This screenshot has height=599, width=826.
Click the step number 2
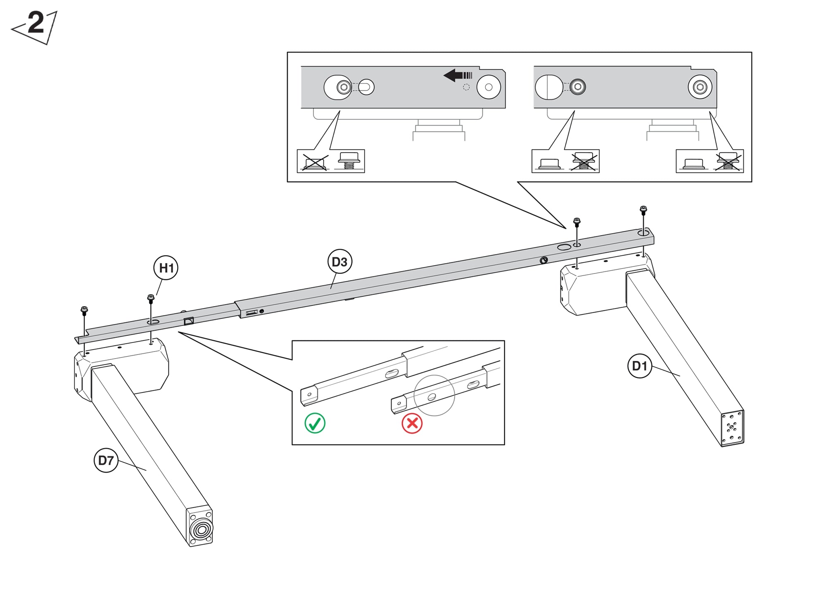click(x=36, y=23)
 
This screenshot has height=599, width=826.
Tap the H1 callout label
click(x=166, y=268)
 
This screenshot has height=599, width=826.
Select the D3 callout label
click(x=339, y=262)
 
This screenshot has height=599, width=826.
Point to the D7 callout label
click(x=106, y=460)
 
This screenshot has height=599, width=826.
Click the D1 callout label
click(x=640, y=366)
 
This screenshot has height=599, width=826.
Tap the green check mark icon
click(x=315, y=423)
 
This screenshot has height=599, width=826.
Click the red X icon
click(x=412, y=423)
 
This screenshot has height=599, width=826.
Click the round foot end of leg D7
click(x=202, y=529)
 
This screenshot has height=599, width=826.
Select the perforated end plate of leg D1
click(x=732, y=428)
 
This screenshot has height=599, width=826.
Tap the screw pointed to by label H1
click(x=151, y=298)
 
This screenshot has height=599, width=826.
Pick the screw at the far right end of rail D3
click(x=643, y=210)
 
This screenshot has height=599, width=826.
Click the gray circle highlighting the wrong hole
click(x=434, y=395)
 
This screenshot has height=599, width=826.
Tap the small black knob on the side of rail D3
click(x=544, y=260)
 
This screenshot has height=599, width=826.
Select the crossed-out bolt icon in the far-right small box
click(x=728, y=162)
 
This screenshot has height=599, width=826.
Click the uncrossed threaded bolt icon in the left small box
click(x=349, y=161)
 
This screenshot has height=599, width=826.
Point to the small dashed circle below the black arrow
click(x=466, y=87)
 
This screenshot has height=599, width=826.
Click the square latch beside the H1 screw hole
click(x=189, y=321)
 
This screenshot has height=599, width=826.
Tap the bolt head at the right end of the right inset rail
click(x=700, y=87)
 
